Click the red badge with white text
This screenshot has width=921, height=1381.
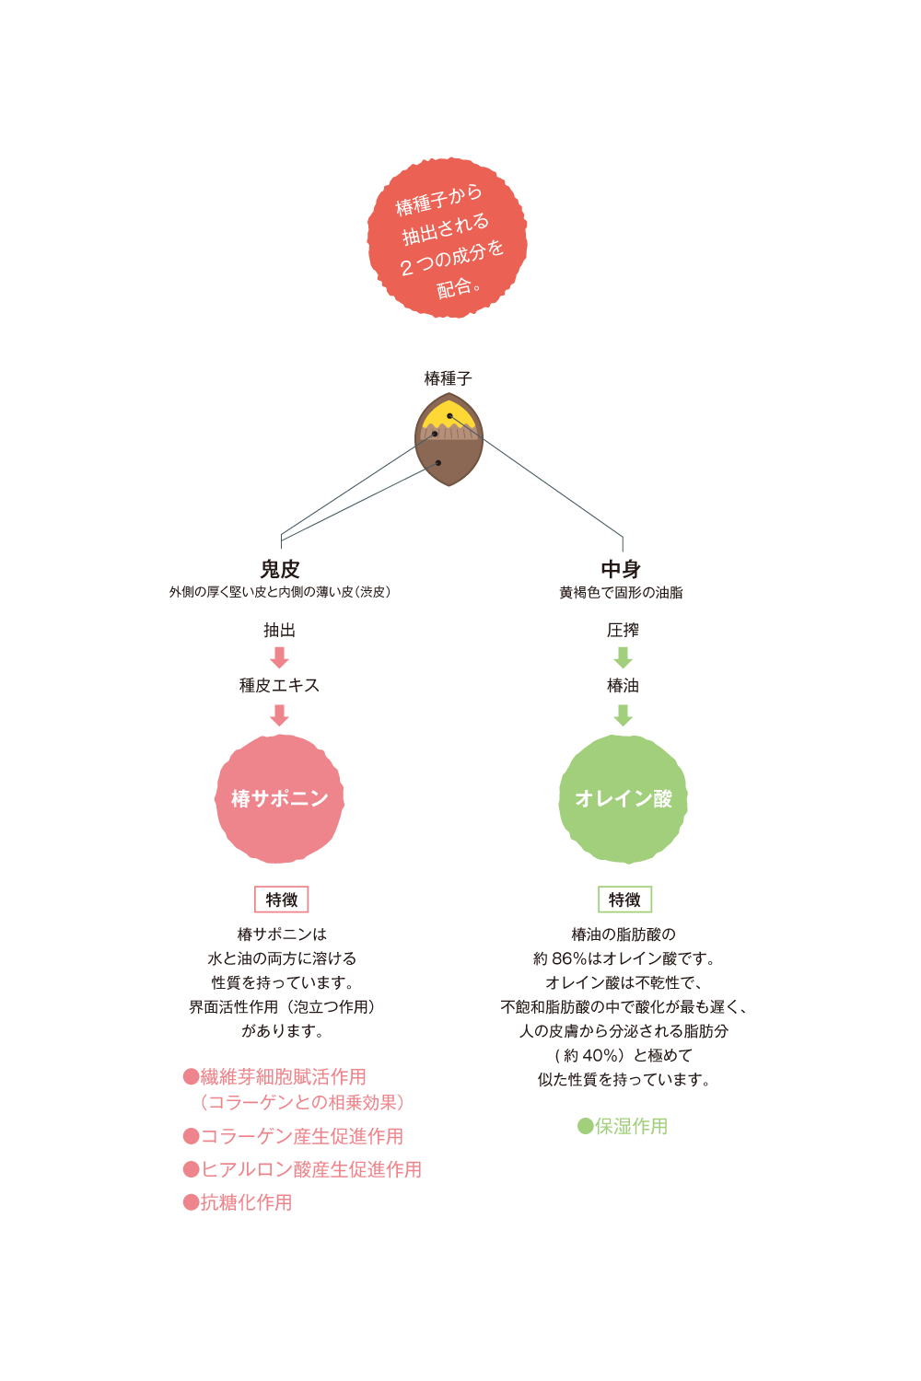pyautogui.click(x=448, y=238)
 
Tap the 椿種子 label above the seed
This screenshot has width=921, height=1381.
pyautogui.click(x=448, y=378)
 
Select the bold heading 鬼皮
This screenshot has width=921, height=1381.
pyautogui.click(x=280, y=569)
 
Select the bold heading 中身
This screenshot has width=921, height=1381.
pyautogui.click(x=621, y=569)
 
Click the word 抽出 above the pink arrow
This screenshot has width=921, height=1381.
pyautogui.click(x=280, y=631)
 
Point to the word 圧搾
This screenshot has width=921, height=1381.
pyautogui.click(x=623, y=631)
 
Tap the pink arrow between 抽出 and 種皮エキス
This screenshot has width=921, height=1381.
pyautogui.click(x=280, y=657)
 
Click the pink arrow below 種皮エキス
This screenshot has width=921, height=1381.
pyautogui.click(x=280, y=714)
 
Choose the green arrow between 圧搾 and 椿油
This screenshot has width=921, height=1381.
pyautogui.click(x=623, y=657)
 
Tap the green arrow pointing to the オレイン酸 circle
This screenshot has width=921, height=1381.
pyautogui.click(x=623, y=714)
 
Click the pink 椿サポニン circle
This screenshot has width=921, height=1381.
pyautogui.click(x=280, y=798)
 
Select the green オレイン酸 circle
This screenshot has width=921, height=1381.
pyautogui.click(x=624, y=798)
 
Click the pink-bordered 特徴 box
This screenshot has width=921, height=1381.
pyautogui.click(x=281, y=899)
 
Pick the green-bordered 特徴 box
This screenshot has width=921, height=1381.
pyautogui.click(x=624, y=899)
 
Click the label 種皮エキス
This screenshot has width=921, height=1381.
pyautogui.click(x=280, y=686)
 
